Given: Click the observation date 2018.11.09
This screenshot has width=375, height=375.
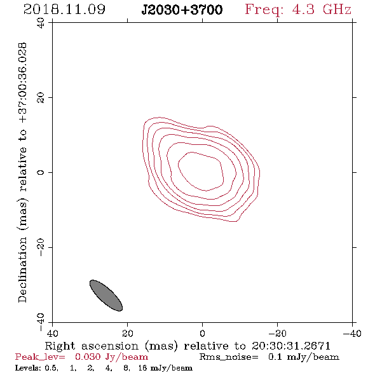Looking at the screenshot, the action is click(64, 10).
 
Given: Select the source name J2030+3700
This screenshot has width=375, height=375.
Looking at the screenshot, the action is click(182, 10).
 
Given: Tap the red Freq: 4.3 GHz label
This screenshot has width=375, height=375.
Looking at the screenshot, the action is click(298, 10).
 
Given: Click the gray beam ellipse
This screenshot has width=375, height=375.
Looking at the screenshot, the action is click(106, 296).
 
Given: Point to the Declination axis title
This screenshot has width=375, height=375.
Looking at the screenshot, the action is click(22, 173).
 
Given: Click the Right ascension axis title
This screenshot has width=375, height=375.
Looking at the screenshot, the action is click(187, 346).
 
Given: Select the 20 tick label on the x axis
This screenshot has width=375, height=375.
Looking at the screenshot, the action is click(128, 334).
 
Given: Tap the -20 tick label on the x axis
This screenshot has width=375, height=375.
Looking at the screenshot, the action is click(277, 334).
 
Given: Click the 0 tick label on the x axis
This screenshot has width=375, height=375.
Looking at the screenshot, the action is click(202, 334).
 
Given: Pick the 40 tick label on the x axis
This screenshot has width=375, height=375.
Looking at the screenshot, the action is click(52, 334).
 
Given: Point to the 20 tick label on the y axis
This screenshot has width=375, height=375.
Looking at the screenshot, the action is click(41, 98).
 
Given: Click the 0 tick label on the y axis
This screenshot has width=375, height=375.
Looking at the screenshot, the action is click(41, 172).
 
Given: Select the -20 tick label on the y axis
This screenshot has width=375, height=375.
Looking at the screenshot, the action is click(41, 247).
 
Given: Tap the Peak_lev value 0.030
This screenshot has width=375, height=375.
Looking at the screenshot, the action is click(88, 357).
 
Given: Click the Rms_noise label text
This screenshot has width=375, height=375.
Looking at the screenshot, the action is click(229, 357).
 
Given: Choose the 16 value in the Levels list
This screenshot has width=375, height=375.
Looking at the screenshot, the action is click(143, 367).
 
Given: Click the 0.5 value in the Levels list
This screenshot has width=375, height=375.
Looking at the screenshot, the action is click(51, 368).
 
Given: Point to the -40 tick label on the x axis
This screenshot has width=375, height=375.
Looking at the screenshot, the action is click(352, 334).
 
